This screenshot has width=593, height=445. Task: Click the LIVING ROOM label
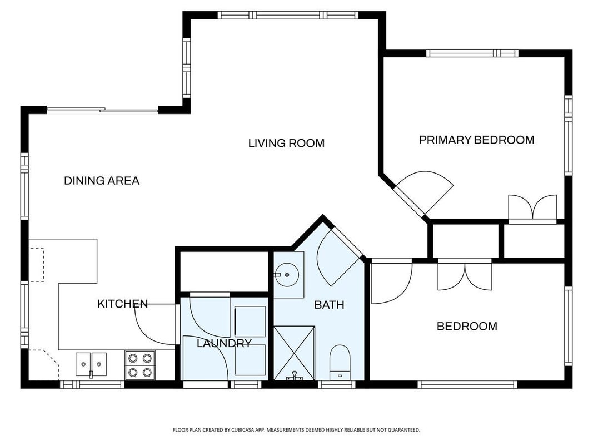pos(286,143)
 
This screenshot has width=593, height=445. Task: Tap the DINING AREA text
pos(102,180)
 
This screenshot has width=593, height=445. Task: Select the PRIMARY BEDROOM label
pos(476,140)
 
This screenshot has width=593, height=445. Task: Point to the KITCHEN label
pos(122,304)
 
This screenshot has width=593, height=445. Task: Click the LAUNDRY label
pos(224,343)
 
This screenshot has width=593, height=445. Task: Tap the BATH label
pos(329,305)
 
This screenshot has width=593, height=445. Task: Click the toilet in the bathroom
pos(340,363)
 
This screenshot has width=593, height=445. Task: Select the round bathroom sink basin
pos(287,274)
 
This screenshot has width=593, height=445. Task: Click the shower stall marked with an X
pos(294,353)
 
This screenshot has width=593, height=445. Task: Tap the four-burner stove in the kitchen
pos(140,365)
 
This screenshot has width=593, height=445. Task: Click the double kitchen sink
pos(91,364)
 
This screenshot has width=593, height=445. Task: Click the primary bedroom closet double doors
pos(532,207)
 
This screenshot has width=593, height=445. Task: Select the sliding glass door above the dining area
pos(102,111)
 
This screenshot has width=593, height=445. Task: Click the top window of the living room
pos(288,15)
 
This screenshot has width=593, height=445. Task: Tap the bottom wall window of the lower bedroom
pos(467,384)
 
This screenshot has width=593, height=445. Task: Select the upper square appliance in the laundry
pos(250,322)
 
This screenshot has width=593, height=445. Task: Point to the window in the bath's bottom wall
pos(337,384)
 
